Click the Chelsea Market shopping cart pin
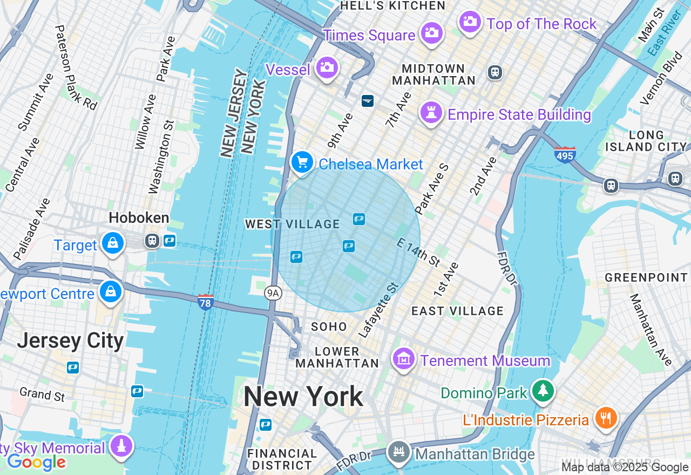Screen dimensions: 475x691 pyautogui.click(x=302, y=162)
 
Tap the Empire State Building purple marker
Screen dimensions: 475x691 pyautogui.click(x=431, y=113)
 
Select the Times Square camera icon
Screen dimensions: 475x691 pyautogui.click(x=431, y=33)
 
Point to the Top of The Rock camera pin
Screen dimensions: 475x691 pyautogui.click(x=470, y=22)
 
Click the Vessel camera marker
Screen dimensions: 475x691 pyautogui.click(x=327, y=68)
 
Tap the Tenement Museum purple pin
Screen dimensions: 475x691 pyautogui.click(x=404, y=359)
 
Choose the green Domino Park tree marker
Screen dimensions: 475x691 pyautogui.click(x=543, y=391)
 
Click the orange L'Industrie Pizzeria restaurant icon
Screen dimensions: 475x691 pyautogui.click(x=606, y=418)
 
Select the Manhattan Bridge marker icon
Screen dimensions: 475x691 pyautogui.click(x=399, y=452)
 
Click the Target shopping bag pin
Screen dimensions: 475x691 pyautogui.click(x=112, y=243)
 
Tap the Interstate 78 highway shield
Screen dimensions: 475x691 pyautogui.click(x=206, y=301)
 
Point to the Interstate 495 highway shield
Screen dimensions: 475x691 pyautogui.click(x=565, y=154)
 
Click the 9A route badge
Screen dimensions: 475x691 pyautogui.click(x=274, y=293)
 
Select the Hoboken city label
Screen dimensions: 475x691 pyautogui.click(x=139, y=218)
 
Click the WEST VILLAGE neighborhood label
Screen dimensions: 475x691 pyautogui.click(x=292, y=224)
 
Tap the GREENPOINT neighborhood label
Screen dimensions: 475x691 pyautogui.click(x=646, y=278)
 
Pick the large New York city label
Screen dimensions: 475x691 pyautogui.click(x=303, y=397)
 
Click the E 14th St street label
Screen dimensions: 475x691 pyautogui.click(x=418, y=252)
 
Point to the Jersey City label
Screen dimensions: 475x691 pyautogui.click(x=70, y=341)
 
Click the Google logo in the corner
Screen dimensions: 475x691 pyautogui.click(x=36, y=462)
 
